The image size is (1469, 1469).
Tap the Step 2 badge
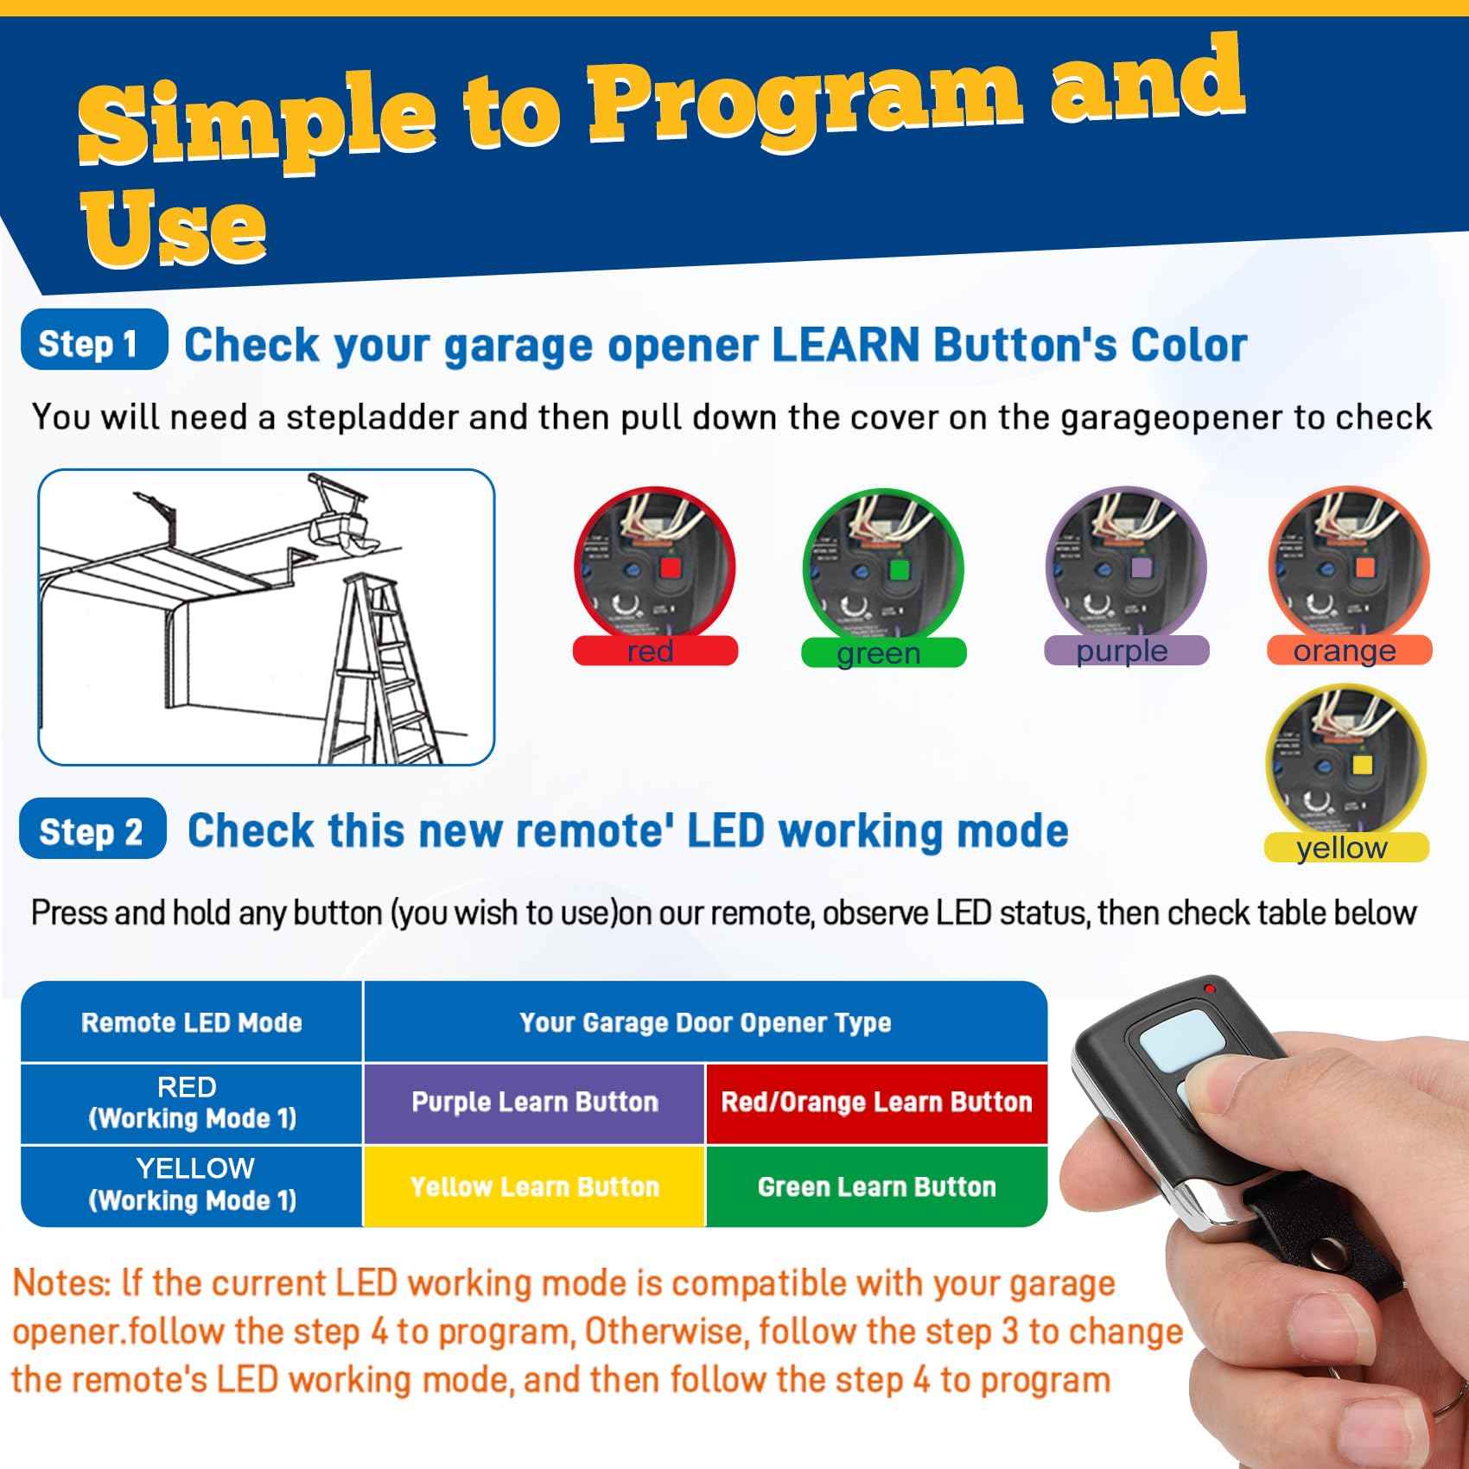92,830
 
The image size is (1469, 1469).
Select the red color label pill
655,651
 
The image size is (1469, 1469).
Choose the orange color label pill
1348,651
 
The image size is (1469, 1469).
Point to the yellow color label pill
1345,848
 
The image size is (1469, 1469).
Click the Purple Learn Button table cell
534,1103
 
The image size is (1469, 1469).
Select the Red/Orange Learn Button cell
876,1103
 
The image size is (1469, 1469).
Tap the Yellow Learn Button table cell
534,1186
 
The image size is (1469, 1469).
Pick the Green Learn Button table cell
876,1186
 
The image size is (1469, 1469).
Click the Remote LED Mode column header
192,1023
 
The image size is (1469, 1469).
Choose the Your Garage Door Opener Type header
704,1023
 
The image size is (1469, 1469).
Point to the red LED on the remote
1209,989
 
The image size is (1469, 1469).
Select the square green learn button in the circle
899,569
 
